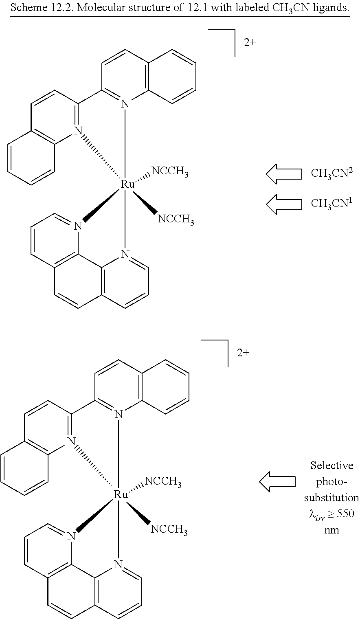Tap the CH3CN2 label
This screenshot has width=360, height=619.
(332, 173)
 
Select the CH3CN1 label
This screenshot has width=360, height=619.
(332, 203)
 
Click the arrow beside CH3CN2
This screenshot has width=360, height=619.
(284, 174)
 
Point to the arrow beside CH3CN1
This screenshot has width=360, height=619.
(284, 204)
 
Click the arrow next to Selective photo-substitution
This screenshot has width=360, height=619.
(277, 482)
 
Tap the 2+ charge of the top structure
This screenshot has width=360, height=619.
(250, 42)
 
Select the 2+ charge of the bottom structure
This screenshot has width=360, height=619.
(243, 353)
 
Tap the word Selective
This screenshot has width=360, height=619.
(331, 465)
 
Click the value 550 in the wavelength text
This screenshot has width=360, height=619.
(345, 514)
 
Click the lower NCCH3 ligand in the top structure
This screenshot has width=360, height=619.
(176, 220)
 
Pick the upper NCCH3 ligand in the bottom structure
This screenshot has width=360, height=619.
(163, 482)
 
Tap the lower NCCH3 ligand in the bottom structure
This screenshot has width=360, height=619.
(169, 530)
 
